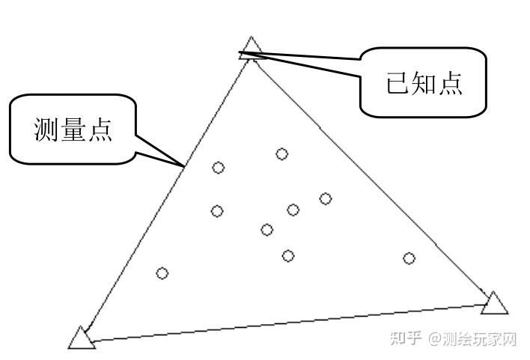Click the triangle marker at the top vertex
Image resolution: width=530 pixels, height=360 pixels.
pos(252,48)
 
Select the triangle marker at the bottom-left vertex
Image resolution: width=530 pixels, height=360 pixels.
pos(82,338)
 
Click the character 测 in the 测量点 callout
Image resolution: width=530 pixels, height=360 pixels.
pos(46,129)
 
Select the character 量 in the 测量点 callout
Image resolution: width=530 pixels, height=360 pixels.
pos(73,129)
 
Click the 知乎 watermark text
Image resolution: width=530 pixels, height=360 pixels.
pos(406,339)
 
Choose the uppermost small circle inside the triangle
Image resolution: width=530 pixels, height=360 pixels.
pos(282,154)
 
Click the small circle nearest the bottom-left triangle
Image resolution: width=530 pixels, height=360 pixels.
pos(162,273)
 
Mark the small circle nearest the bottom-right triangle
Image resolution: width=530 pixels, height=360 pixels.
pos(409,258)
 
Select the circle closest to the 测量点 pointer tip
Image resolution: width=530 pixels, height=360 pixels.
pos(218,168)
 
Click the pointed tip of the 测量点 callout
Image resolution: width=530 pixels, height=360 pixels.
pos(184,165)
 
